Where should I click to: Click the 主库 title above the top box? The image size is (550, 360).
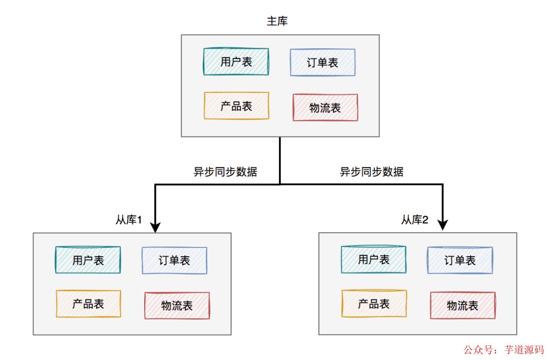point(278,21)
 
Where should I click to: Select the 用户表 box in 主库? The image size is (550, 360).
point(236,62)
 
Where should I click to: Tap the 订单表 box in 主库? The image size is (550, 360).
point(322,63)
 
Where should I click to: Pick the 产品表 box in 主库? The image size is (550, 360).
point(236,106)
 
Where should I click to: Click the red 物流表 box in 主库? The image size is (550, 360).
point(325,107)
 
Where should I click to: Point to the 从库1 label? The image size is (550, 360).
point(128,220)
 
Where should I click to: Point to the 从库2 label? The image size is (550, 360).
point(415,220)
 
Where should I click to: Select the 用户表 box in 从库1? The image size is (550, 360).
point(88,260)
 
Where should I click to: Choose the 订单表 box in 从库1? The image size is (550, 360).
point(174,261)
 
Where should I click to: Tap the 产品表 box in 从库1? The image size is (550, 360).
point(88,304)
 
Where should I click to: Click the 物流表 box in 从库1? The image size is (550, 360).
point(177,306)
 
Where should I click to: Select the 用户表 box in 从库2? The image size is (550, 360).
point(373,260)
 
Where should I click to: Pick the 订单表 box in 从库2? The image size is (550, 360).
point(460,261)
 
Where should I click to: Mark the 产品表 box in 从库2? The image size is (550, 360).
point(374,304)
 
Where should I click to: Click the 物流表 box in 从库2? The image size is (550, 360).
point(462,306)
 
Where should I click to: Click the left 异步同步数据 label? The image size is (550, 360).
point(225,172)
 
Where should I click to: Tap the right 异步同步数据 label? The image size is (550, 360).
point(372,172)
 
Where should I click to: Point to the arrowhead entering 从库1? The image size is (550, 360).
point(155,226)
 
